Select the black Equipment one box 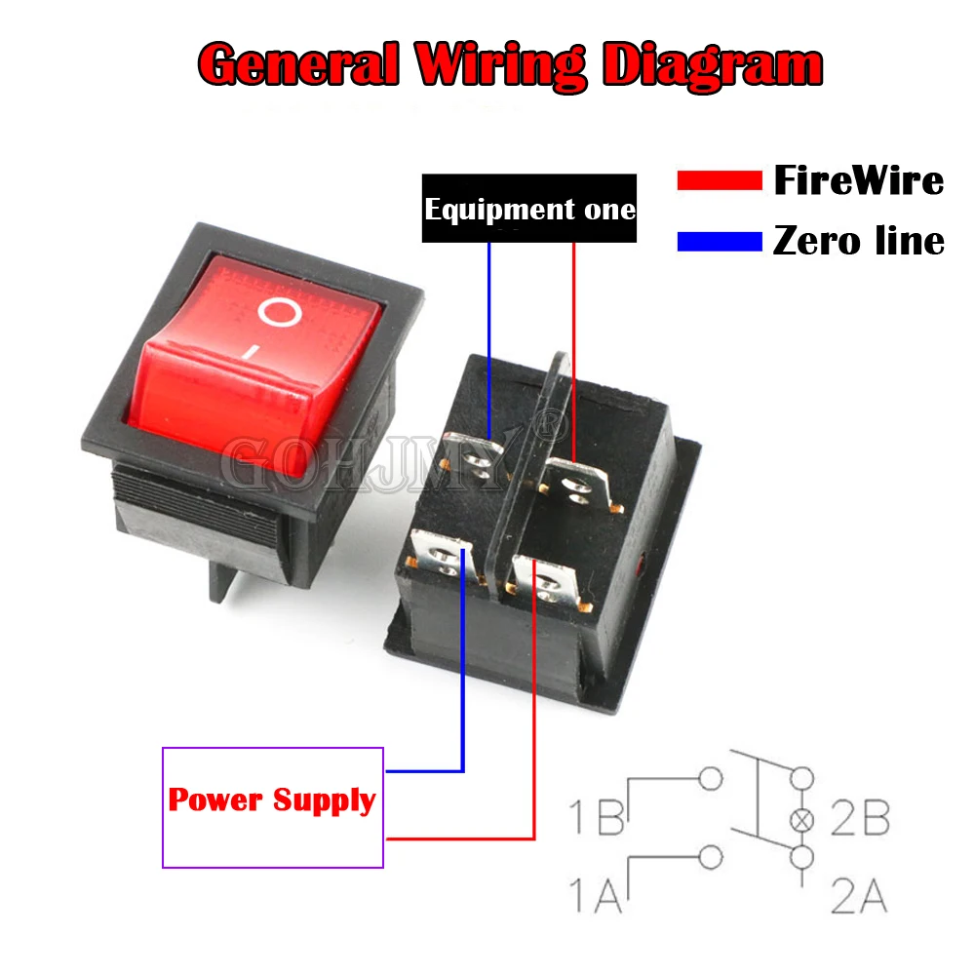pyautogui.click(x=529, y=209)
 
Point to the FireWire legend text pyautogui.click(x=858, y=180)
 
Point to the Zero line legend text pyautogui.click(x=858, y=241)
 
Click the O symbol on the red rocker pyautogui.click(x=280, y=313)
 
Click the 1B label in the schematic pyautogui.click(x=597, y=817)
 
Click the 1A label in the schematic pyautogui.click(x=597, y=895)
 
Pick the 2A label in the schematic pyautogui.click(x=860, y=895)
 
